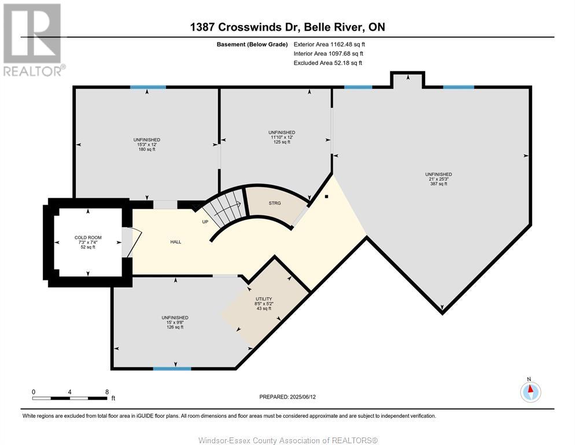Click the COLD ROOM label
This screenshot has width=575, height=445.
(x=88, y=238)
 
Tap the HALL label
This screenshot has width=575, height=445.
(x=176, y=242)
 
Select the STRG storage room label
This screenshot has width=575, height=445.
(x=275, y=203)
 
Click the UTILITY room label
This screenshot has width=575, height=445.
(x=264, y=299)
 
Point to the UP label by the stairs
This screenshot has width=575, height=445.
(x=205, y=222)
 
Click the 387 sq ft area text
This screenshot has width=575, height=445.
(x=438, y=184)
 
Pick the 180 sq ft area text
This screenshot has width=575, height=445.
(x=147, y=149)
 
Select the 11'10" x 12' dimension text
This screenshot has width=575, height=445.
(x=282, y=137)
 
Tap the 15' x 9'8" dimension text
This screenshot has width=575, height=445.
(x=175, y=322)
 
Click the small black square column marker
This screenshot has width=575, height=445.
(x=326, y=196)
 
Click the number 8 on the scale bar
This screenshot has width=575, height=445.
(x=107, y=392)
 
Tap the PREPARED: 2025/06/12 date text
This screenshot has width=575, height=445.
(x=287, y=397)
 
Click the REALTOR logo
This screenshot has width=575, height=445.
(x=34, y=39)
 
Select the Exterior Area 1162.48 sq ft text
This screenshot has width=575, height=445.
(x=329, y=45)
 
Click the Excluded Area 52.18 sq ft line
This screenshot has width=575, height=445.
(x=328, y=63)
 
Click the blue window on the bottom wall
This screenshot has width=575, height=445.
(x=172, y=369)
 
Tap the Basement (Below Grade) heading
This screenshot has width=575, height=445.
(x=252, y=45)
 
